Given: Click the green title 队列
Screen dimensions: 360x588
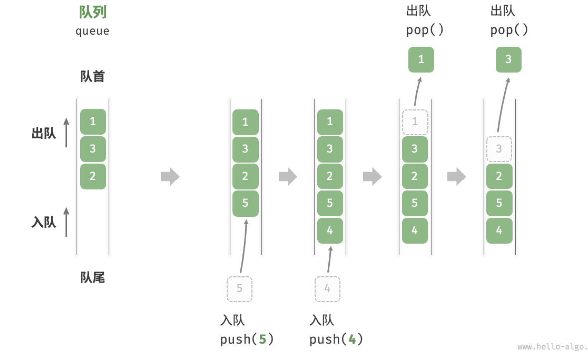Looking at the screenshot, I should [93, 12].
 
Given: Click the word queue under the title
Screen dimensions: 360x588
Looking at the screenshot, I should [93, 31].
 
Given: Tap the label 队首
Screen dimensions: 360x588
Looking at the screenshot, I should [93, 76].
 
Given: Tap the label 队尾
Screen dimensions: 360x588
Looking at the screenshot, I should [93, 277].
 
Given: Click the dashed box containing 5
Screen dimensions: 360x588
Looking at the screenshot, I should [240, 289].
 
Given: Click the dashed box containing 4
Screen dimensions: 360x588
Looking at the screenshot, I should [327, 289].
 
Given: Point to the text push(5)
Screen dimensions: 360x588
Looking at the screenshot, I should [247, 340].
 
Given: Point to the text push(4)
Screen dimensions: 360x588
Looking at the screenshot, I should [336, 340].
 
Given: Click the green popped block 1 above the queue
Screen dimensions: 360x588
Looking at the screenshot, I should [421, 60].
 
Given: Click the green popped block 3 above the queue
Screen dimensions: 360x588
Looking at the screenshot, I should [508, 60].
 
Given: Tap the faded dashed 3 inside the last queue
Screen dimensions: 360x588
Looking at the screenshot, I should [499, 149].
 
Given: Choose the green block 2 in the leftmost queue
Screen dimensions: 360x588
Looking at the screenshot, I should [93, 176].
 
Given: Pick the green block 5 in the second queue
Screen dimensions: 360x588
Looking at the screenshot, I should [245, 203].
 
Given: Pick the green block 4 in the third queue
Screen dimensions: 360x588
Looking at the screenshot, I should [330, 230].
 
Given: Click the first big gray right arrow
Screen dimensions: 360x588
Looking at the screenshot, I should [170, 177].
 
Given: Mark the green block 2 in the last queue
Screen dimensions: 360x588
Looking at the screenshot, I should [499, 176].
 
